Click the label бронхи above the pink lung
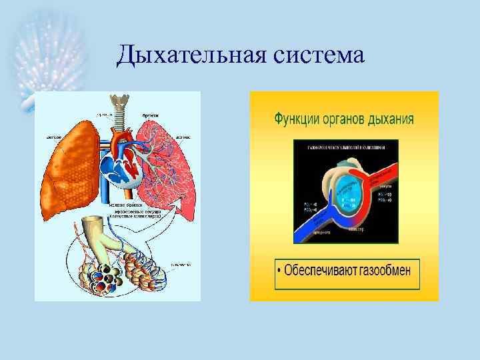point(150,115)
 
